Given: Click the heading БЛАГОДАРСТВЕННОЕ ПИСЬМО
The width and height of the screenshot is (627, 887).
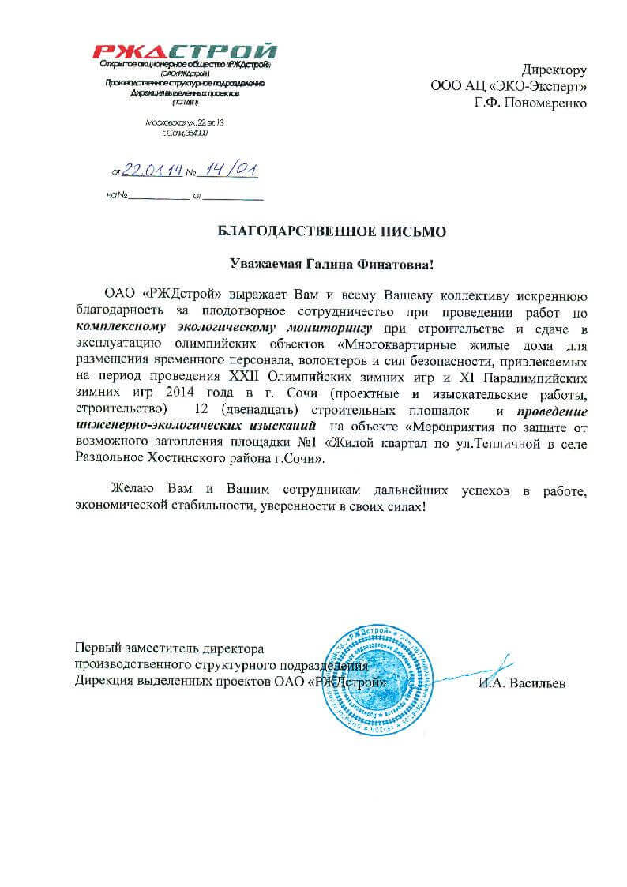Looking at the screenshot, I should click(331, 231).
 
